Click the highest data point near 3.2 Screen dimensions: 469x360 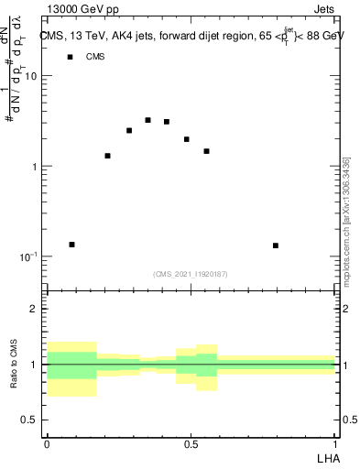(x=147, y=120)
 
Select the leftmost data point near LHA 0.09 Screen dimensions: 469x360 (x=71, y=245)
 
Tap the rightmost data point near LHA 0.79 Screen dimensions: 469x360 (x=276, y=245)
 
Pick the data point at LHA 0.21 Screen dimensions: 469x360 (x=107, y=156)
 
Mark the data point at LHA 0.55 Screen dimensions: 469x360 (x=206, y=151)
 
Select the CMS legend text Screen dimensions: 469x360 (x=95, y=57)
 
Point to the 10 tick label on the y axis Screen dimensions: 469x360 (x=31, y=77)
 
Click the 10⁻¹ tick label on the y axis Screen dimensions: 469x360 (x=27, y=256)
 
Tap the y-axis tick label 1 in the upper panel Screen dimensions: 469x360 (x=35, y=167)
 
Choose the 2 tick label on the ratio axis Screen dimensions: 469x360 (x=35, y=310)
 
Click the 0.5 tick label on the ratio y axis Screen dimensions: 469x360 (x=29, y=420)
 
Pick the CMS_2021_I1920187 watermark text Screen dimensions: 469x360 (x=191, y=274)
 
